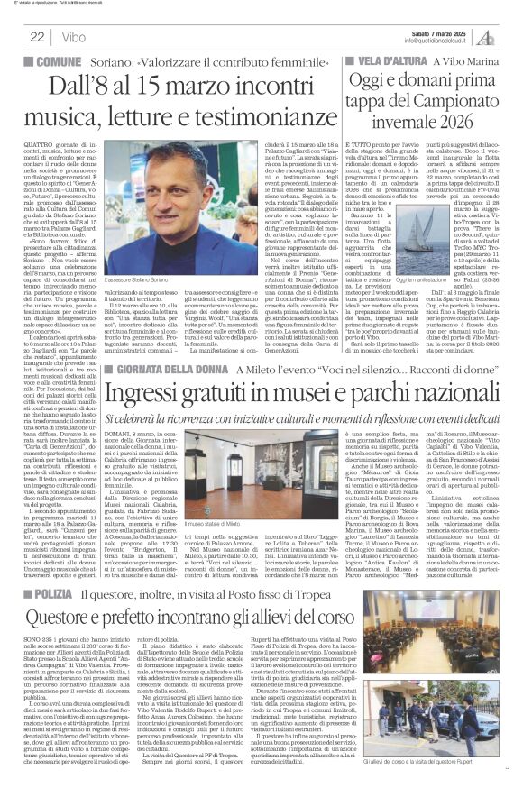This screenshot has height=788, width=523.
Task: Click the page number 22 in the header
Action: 37,36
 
